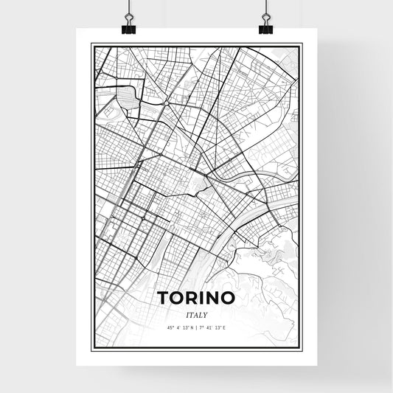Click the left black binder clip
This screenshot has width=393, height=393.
[x=128, y=28]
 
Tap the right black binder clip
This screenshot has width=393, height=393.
[x=265, y=28]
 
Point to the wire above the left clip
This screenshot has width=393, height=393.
[x=128, y=9]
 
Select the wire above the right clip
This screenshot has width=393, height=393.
[x=265, y=9]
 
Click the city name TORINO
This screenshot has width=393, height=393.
[x=196, y=298]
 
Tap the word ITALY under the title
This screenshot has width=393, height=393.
[x=196, y=314]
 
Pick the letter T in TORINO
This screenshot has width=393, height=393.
[x=162, y=298]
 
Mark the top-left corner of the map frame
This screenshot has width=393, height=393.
[x=91, y=45]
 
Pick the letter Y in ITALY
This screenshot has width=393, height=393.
[x=205, y=314]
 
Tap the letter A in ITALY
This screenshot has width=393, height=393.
[x=196, y=314]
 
